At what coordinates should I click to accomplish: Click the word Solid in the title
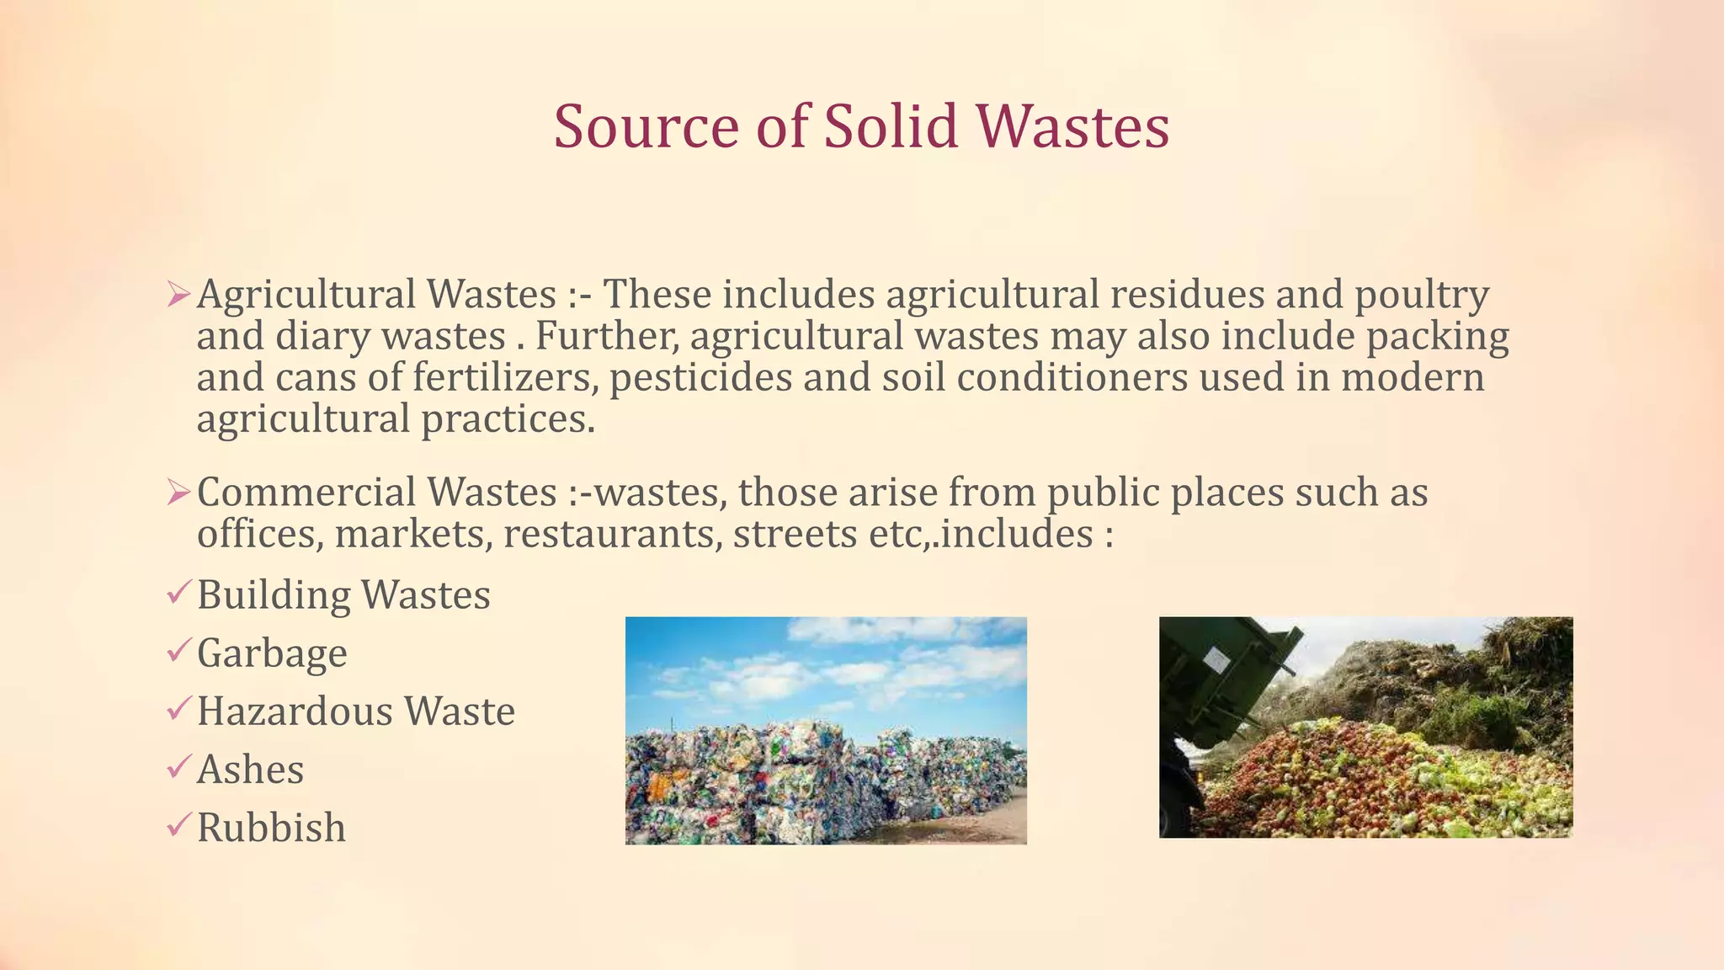(891, 126)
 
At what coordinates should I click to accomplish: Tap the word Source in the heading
(646, 126)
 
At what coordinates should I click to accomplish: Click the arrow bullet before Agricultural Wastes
(179, 295)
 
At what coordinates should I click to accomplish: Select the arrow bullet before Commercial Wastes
(179, 493)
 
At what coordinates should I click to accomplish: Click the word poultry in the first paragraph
(1422, 296)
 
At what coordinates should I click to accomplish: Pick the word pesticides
(700, 377)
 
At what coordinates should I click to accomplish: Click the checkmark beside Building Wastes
(179, 593)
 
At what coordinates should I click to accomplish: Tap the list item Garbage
(272, 654)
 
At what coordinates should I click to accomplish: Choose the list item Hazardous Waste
(355, 712)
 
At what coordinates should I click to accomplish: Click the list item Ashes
(250, 770)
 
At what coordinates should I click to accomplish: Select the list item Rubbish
(271, 828)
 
